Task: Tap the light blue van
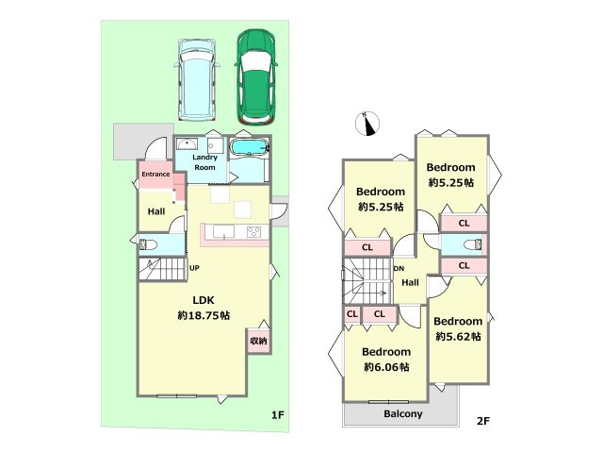coord(197,79)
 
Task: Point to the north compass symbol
coord(367,124)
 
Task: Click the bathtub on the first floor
coord(249,147)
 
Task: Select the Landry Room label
coord(204,162)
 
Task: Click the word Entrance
coord(155,174)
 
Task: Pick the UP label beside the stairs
coord(194,268)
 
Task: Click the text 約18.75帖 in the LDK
coord(204,315)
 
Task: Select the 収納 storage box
coord(259,341)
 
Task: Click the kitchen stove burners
coord(253,231)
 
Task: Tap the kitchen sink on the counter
coord(223,232)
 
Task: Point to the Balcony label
coord(403,414)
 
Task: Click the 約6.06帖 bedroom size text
coord(386,367)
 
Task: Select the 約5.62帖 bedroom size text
coord(458,337)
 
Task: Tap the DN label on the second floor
coord(399,268)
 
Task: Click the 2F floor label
coord(483,421)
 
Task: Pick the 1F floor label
coord(278,415)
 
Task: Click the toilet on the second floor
coord(473,244)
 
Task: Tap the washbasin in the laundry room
coord(187,144)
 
